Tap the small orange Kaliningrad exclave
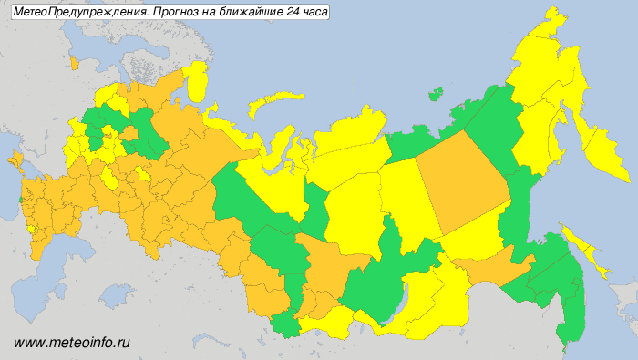(x=74, y=65)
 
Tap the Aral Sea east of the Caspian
(x=118, y=294)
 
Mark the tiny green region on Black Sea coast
(x=20, y=200)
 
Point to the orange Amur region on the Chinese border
(x=492, y=268)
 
